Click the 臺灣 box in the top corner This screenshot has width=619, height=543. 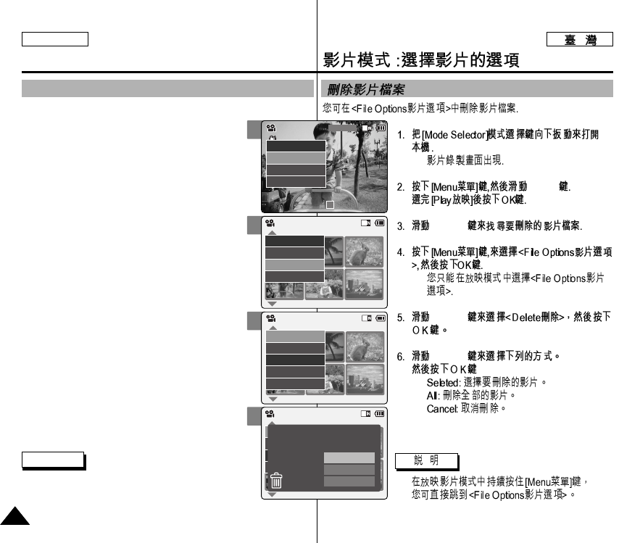580,40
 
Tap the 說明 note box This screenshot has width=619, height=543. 427,461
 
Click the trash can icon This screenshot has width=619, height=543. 276,481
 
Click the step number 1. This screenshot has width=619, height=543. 401,136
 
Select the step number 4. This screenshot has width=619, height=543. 401,252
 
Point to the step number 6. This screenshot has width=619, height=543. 401,357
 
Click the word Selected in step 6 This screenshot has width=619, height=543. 441,382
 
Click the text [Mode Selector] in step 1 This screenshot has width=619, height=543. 444,136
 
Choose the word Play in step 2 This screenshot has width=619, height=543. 441,199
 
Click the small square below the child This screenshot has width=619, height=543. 331,204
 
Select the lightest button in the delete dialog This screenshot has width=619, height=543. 349,458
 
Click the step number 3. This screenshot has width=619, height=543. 401,226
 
